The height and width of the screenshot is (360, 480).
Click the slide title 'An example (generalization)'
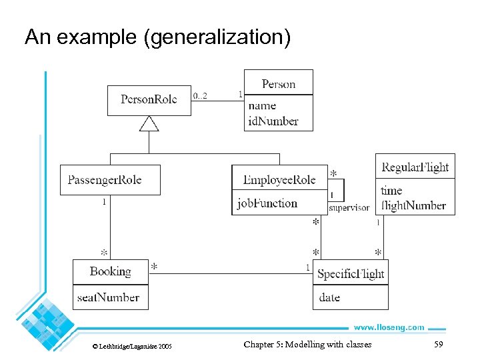click(x=158, y=37)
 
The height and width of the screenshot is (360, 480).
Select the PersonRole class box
click(x=149, y=100)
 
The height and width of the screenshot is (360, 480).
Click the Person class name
click(x=278, y=83)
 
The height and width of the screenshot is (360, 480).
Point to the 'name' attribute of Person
click(x=262, y=105)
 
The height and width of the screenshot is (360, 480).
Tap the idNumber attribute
click(x=273, y=121)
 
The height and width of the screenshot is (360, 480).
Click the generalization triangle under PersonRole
click(x=149, y=123)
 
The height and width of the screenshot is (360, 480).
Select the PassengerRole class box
click(x=110, y=180)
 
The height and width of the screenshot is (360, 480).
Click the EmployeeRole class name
click(x=279, y=180)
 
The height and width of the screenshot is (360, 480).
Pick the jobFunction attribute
click(x=267, y=203)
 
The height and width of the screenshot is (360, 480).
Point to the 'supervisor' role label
click(x=349, y=208)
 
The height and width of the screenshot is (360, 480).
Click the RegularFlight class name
click(x=415, y=167)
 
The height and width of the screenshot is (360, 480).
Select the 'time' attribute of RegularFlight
click(x=391, y=190)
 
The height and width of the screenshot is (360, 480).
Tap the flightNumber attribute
click(x=413, y=205)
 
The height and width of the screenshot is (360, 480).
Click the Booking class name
click(x=111, y=271)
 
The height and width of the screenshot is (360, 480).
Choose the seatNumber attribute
click(x=108, y=297)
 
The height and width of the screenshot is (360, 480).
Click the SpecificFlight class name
click(x=351, y=273)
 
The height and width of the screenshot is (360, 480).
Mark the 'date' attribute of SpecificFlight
click(x=329, y=297)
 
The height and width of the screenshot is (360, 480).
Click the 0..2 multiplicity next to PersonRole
click(x=200, y=96)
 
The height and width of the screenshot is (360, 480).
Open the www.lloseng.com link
click(x=388, y=327)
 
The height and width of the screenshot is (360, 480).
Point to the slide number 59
click(x=438, y=345)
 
